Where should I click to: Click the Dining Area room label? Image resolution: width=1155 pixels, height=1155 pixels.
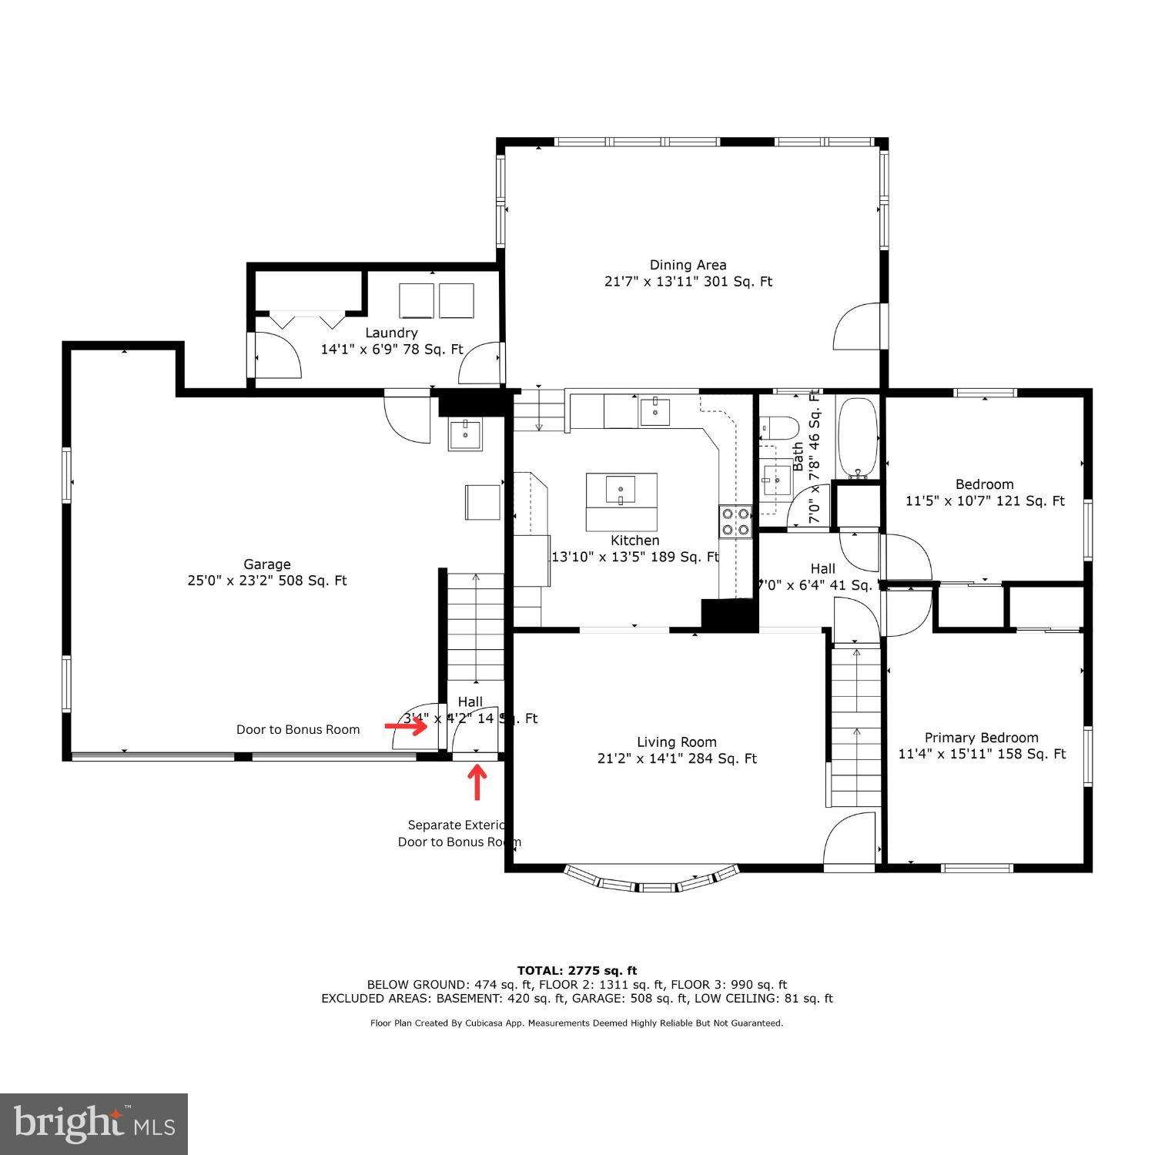688,265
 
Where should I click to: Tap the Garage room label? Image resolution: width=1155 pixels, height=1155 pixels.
267,564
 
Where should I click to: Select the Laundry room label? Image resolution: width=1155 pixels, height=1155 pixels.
391,333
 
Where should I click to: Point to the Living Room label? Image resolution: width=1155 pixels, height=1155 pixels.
676,742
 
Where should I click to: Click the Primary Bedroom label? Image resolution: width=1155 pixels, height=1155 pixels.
981,738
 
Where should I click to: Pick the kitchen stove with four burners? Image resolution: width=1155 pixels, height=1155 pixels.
735,521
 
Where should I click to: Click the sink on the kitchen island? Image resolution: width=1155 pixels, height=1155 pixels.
621,489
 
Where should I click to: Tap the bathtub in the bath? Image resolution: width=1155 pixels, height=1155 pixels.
857,437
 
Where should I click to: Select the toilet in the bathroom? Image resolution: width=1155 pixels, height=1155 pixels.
780,428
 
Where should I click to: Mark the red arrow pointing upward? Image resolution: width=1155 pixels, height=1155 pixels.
478,781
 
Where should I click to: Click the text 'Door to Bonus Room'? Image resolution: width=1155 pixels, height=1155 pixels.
298,730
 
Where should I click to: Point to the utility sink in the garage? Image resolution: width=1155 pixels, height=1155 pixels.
465,434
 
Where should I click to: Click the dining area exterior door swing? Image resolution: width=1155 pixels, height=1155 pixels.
856,326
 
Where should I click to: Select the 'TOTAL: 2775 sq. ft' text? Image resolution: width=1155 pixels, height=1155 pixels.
577,970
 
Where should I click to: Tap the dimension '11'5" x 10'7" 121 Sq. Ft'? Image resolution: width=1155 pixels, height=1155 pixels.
984,501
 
